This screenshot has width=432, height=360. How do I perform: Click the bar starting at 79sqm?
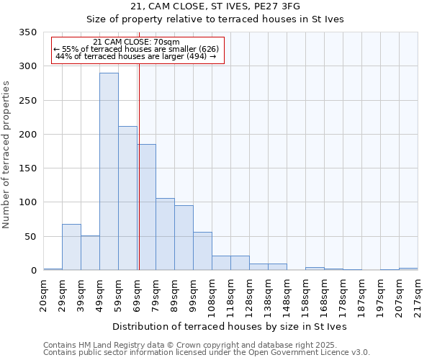click(165, 234)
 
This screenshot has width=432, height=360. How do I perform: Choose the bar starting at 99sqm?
click(202, 251)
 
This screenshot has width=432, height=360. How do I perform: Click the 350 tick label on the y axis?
click(27, 33)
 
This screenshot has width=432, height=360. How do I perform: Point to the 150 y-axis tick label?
click(27, 168)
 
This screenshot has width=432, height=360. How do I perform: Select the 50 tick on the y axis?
click(30, 237)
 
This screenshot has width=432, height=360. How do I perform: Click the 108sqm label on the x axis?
click(212, 294)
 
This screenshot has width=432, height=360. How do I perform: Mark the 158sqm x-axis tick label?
click(305, 294)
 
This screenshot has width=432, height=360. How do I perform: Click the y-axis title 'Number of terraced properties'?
click(6, 155)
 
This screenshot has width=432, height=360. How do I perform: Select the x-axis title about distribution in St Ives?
click(230, 327)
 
